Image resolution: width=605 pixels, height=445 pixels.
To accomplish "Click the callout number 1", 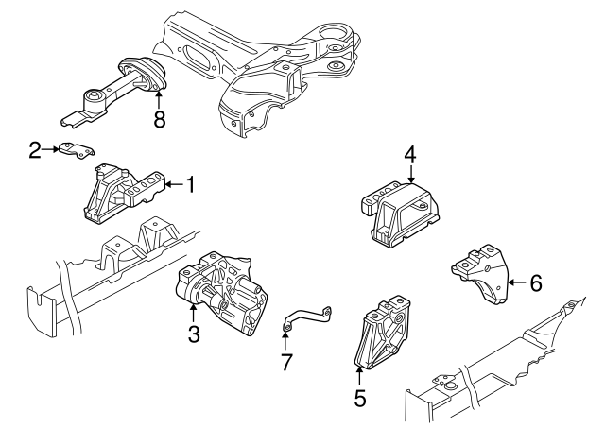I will tap(189, 185).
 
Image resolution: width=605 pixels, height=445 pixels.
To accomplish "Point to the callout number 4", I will tap(410, 154).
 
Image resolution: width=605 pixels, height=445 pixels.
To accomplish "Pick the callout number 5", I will tap(359, 398).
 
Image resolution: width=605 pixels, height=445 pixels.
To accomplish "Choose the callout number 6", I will tap(535, 282).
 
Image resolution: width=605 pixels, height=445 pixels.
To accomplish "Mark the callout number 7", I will tap(286, 361).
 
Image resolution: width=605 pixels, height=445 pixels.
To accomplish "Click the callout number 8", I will tap(160, 119).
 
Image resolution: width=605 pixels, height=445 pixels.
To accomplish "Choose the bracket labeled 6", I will tap(481, 275).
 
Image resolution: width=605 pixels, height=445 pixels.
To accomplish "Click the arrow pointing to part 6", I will tap(515, 282).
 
